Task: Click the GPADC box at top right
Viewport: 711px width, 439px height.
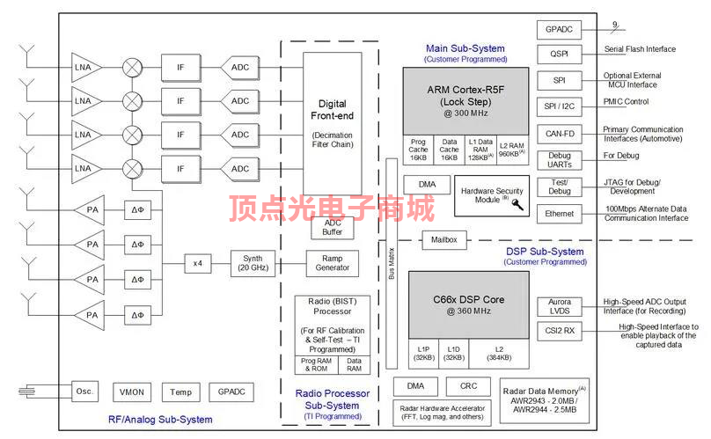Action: (559, 29)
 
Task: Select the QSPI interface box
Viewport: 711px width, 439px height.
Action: (559, 55)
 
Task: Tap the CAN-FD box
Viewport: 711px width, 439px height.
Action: (559, 134)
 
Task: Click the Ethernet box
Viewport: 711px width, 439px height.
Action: (559, 213)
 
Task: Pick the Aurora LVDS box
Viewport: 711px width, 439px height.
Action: (559, 307)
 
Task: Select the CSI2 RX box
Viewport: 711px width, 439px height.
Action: (559, 332)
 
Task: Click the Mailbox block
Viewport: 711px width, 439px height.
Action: (444, 239)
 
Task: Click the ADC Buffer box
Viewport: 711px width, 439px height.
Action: (332, 227)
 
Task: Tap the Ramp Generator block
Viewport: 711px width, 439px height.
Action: (332, 263)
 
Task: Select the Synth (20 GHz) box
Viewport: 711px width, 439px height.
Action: (253, 263)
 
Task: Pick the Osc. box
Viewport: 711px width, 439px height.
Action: (84, 391)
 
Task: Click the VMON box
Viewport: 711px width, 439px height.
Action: (132, 391)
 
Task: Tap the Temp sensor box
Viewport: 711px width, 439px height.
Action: (180, 391)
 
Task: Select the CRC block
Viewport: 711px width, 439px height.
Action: (463, 386)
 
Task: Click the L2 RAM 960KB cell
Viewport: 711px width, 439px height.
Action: (511, 148)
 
